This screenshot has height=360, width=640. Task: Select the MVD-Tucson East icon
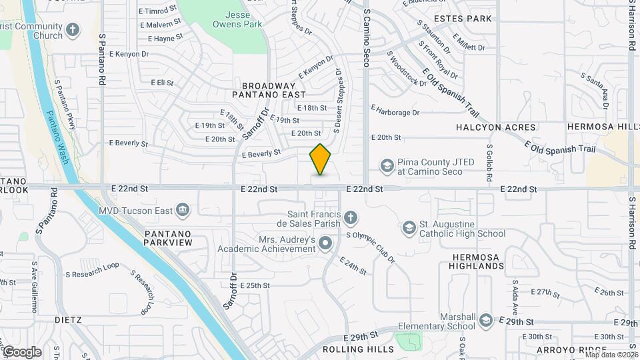pyautogui.click(x=183, y=211)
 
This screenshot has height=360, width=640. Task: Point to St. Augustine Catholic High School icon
pyautogui.click(x=408, y=228)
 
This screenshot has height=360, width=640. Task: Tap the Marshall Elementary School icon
pyautogui.click(x=485, y=321)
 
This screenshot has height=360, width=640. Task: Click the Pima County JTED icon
pyautogui.click(x=387, y=165)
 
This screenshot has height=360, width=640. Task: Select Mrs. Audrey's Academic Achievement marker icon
pyautogui.click(x=325, y=244)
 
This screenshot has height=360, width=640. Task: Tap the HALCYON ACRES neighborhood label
pyautogui.click(x=496, y=127)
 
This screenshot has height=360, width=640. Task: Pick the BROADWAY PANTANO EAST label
pyautogui.click(x=269, y=90)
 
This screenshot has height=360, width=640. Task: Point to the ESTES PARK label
pyautogui.click(x=463, y=19)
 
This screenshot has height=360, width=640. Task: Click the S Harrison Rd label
pyautogui.click(x=631, y=27)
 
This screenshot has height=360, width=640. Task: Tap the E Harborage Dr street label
pyautogui.click(x=395, y=113)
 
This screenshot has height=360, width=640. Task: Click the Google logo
pyautogui.click(x=21, y=352)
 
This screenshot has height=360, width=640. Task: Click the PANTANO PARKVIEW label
pyautogui.click(x=167, y=238)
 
